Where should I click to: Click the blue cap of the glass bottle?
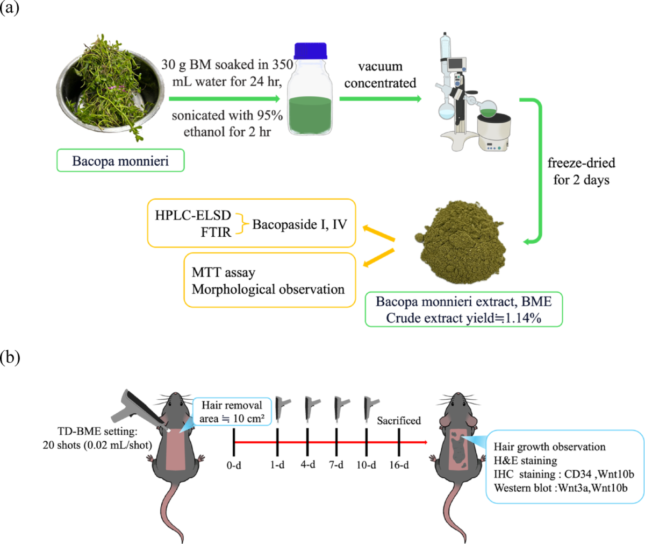[310, 50]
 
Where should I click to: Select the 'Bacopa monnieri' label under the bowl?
[120, 161]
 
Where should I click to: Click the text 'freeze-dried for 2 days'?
[581, 171]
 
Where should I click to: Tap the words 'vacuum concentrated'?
[380, 75]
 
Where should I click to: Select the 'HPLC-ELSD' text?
[193, 215]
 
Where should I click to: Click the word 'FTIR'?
[216, 232]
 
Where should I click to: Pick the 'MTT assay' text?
[224, 272]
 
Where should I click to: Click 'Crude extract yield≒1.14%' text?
[463, 317]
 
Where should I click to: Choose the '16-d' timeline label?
[399, 465]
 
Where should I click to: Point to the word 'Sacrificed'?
[399, 420]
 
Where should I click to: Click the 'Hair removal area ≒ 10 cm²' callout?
[232, 412]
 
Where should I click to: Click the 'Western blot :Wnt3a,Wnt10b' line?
[561, 488]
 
